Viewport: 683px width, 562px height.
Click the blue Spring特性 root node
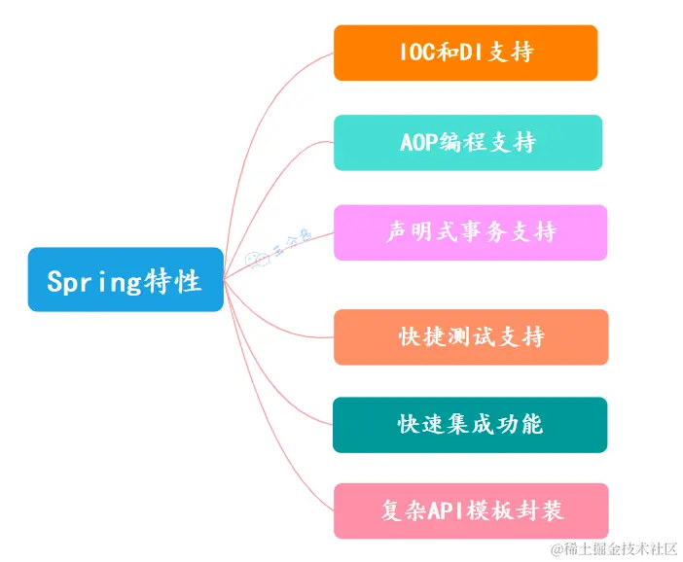(x=125, y=280)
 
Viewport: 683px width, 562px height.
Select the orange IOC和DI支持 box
(x=465, y=53)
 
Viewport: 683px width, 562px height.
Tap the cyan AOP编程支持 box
(x=468, y=142)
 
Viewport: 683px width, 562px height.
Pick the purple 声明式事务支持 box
(x=470, y=232)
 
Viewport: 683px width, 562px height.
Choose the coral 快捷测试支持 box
(x=471, y=336)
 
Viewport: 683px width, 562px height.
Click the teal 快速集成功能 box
(x=470, y=424)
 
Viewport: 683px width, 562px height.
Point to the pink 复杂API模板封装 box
(x=471, y=509)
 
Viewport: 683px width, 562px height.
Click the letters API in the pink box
(x=449, y=509)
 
